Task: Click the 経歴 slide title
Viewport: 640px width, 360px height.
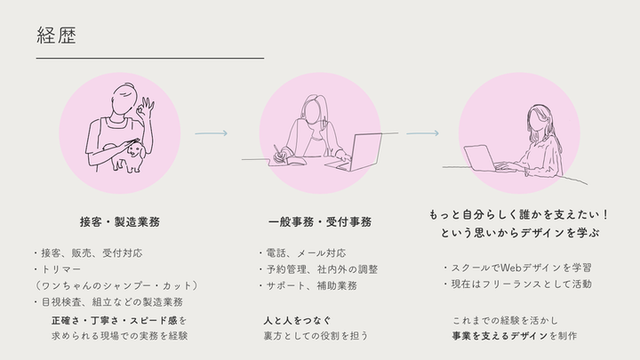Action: [56, 35]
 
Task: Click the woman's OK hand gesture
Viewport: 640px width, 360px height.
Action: [146, 108]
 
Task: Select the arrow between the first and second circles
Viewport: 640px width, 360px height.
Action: [211, 133]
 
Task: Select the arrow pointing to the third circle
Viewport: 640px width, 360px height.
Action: [422, 133]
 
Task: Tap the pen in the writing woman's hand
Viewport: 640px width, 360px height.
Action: [277, 151]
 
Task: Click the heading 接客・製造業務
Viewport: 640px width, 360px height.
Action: [120, 222]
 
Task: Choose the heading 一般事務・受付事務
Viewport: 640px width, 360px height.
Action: [320, 222]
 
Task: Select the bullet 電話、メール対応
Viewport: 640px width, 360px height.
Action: [302, 253]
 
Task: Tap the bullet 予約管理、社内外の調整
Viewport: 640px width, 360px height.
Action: [318, 269]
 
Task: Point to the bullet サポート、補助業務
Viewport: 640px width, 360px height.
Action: [308, 285]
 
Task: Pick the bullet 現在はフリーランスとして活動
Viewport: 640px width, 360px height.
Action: [518, 284]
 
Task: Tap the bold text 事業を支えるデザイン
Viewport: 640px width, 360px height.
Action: [500, 336]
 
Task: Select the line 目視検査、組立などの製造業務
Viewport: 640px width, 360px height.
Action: [109, 302]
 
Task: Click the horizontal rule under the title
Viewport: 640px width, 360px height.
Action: [150, 59]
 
